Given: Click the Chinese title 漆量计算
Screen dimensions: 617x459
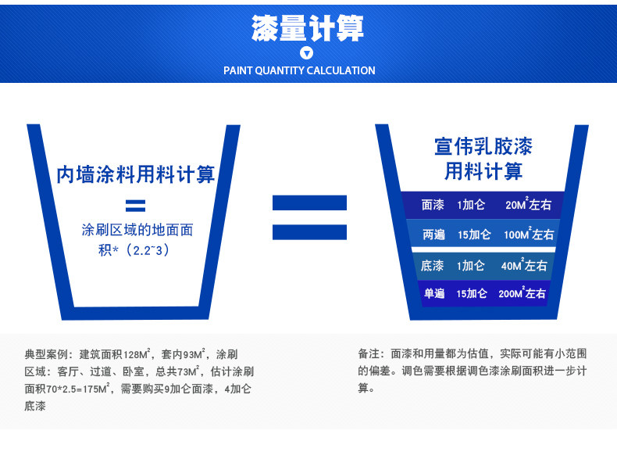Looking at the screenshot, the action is tap(308, 28).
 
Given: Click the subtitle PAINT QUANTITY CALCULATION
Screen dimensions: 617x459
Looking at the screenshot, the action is tap(299, 70).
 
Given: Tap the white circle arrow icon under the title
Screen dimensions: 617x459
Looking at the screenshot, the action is tap(308, 53).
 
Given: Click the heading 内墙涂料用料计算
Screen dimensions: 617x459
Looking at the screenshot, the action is tap(136, 174).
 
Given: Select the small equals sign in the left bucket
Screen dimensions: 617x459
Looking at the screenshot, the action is tap(136, 206).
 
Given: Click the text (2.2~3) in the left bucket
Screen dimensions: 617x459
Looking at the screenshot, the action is tap(146, 250).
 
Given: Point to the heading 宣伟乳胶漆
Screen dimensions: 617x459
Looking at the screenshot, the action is tap(483, 146).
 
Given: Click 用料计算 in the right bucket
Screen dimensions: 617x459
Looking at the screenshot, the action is tap(483, 171).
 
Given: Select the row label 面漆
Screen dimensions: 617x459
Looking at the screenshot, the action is tap(433, 205).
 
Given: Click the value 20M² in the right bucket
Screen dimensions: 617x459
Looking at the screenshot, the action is tap(518, 205).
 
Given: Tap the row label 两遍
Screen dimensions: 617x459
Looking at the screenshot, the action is tap(433, 235).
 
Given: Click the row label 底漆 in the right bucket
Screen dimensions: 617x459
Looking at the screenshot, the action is tap(432, 266).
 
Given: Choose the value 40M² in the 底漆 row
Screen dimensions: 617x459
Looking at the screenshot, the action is tap(513, 266).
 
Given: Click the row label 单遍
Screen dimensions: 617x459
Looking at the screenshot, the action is tap(433, 294).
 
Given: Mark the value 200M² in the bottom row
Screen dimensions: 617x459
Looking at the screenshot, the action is tap(512, 294).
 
